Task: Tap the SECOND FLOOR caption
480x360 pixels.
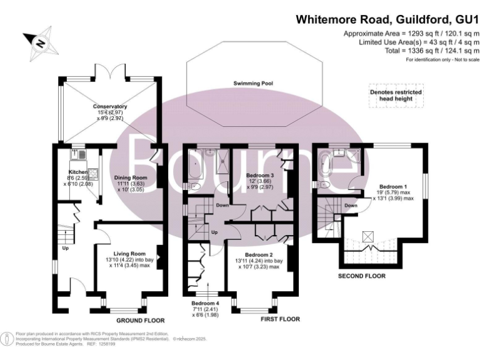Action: pyautogui.click(x=361, y=275)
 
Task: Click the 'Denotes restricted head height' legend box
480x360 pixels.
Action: pyautogui.click(x=395, y=96)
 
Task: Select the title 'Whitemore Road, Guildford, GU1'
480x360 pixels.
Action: pyautogui.click(x=387, y=19)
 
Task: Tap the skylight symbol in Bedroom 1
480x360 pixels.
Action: pyautogui.click(x=368, y=236)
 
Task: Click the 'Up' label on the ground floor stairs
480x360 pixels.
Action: pyautogui.click(x=64, y=247)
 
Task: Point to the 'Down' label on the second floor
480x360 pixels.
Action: pyautogui.click(x=351, y=205)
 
